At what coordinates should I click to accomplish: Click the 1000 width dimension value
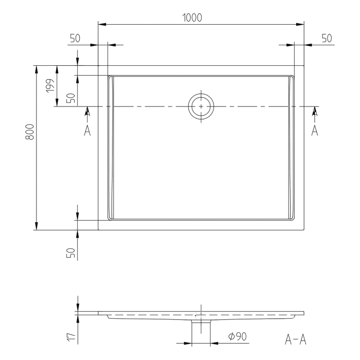pos(192,17)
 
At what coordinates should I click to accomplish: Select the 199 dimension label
pos(50,85)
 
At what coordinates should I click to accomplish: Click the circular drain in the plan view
pos(201,106)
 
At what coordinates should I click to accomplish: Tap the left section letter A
pos(87,130)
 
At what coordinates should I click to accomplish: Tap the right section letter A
pos(315,130)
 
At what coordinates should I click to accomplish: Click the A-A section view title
pos(297,339)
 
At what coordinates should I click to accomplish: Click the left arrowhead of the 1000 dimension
pos(101,24)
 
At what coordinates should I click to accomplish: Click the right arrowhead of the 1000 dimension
pos(300,24)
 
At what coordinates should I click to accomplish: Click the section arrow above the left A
pos(87,111)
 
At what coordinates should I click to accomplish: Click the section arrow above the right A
pos(315,111)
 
